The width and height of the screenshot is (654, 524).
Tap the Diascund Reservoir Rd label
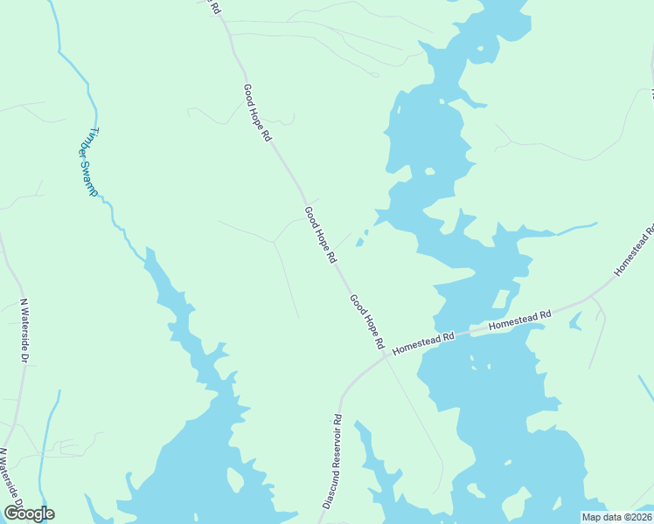[330, 462]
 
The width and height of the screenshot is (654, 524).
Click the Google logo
[30, 513]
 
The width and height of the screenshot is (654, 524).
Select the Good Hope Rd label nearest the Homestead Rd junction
[367, 322]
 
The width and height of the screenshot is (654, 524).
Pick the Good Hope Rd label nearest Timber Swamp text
[258, 113]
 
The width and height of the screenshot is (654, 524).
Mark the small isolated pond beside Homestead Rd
[575, 321]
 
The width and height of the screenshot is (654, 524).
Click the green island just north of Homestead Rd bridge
[499, 300]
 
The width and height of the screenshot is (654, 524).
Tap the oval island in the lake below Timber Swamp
[233, 479]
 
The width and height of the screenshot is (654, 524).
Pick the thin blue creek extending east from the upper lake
[577, 229]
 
